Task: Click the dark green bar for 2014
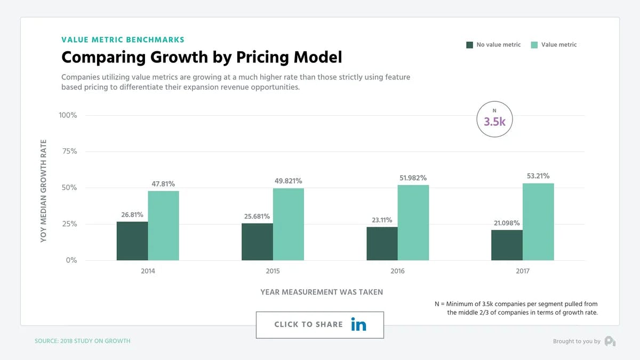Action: (x=132, y=241)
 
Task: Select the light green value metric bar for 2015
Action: (x=289, y=224)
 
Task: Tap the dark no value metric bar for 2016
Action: (x=382, y=244)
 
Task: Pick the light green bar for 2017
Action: (x=538, y=222)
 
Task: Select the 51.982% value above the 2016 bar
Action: (x=413, y=178)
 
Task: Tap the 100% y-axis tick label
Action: (x=67, y=115)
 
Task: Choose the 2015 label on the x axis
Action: (x=273, y=271)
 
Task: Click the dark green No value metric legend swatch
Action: (x=469, y=45)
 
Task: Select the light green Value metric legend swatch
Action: (x=534, y=45)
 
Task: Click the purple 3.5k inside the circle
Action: (x=494, y=122)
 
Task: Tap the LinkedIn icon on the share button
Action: (x=358, y=324)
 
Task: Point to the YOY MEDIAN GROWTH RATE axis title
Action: (x=44, y=191)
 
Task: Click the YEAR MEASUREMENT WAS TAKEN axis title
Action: (x=322, y=292)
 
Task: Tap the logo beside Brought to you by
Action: (x=610, y=341)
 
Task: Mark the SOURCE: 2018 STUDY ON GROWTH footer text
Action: (x=82, y=341)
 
